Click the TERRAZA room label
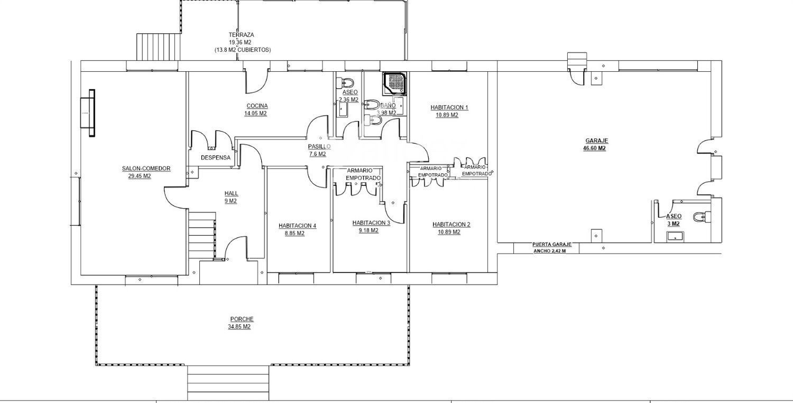coord(241,35)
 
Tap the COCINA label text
coord(257,106)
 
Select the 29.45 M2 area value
coord(140,176)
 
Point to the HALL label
coord(231,193)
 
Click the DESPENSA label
coord(216,158)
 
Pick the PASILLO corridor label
coord(319,146)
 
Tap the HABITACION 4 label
coord(297,226)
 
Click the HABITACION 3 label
coord(371,223)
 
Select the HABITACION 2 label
coord(451,224)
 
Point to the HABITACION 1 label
coord(449,108)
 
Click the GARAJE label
coord(596,141)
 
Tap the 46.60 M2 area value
coord(594,148)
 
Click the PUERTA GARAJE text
coord(552,245)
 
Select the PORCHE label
coord(242,319)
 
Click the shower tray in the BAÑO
coord(394,84)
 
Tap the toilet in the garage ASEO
coord(703,217)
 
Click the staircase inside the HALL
coord(202,235)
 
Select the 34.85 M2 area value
coord(239,327)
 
